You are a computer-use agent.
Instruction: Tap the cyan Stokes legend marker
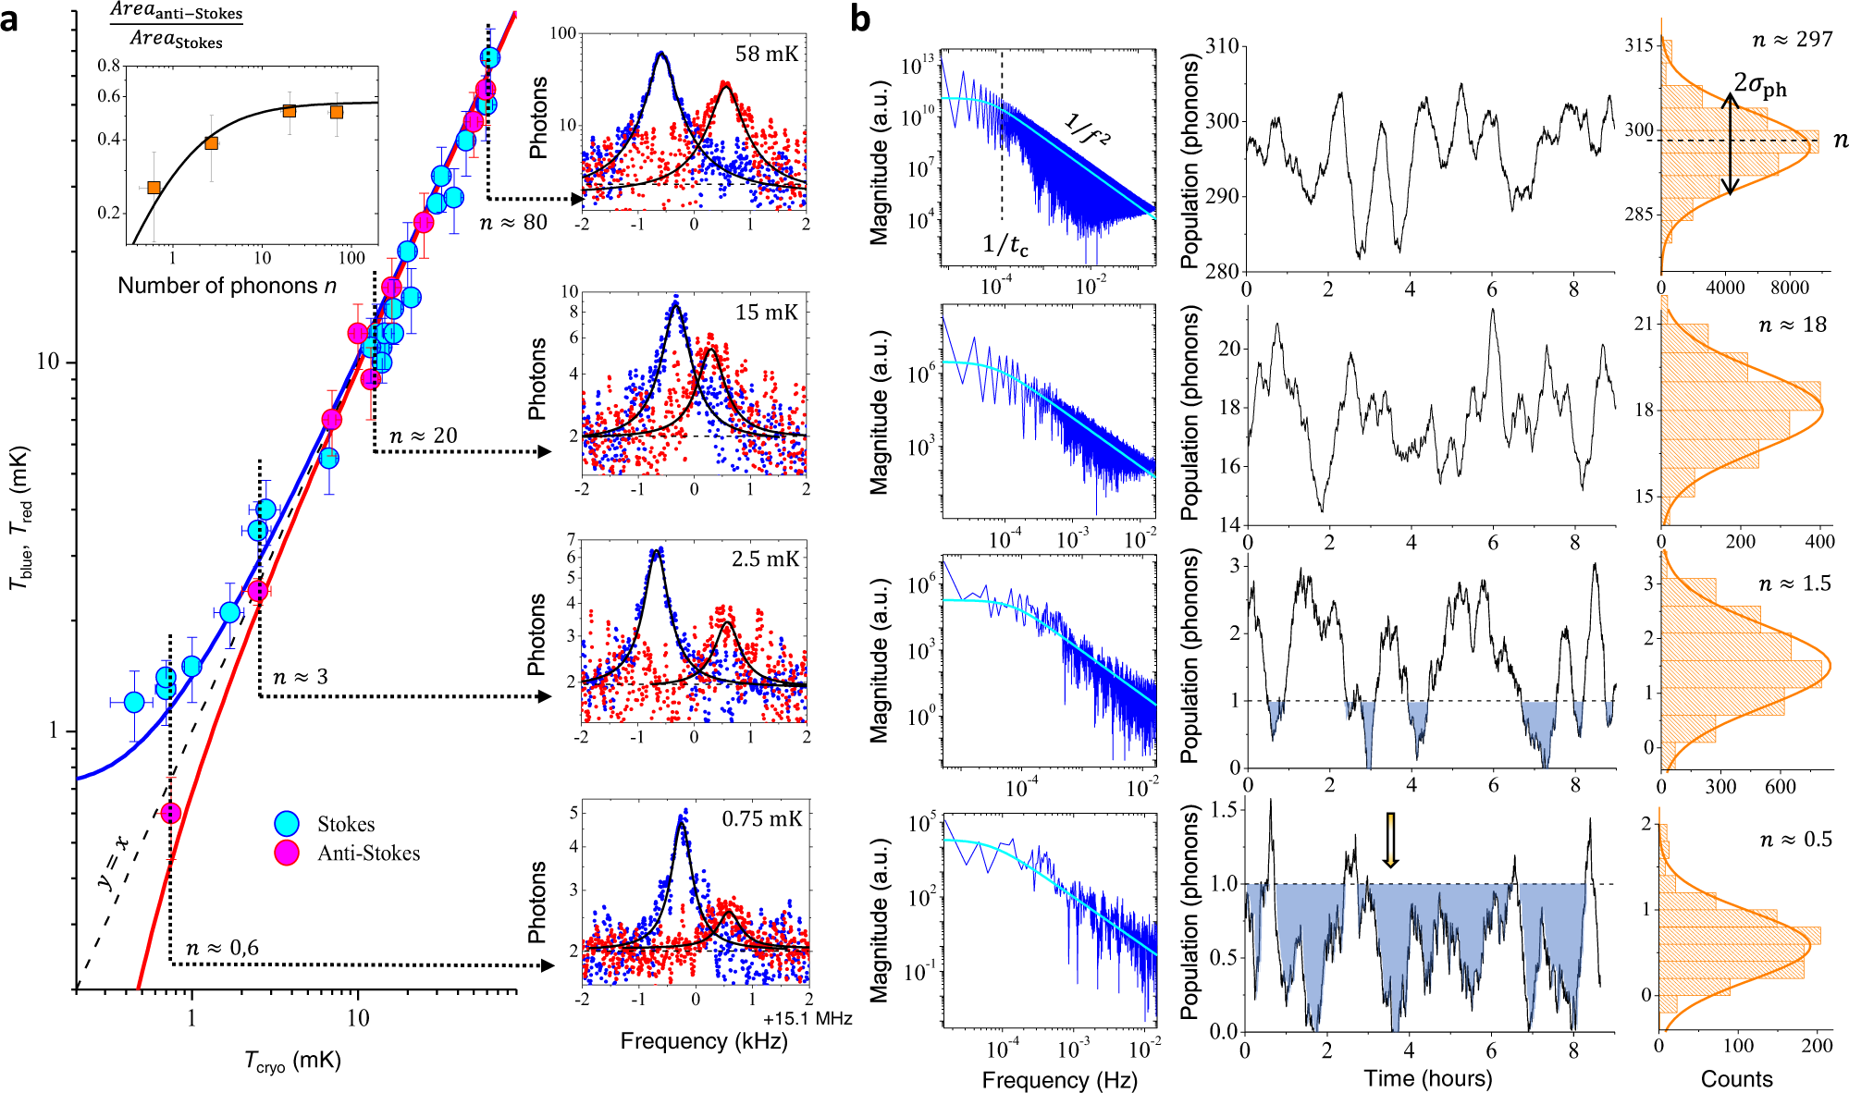point(287,824)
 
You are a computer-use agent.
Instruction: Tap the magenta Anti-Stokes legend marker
point(287,853)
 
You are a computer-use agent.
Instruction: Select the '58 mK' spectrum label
point(766,54)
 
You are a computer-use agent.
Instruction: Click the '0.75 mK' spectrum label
point(761,819)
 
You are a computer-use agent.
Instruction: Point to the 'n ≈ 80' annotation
point(513,223)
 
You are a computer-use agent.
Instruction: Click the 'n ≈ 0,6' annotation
point(222,948)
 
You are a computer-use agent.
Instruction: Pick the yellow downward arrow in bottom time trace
point(1390,840)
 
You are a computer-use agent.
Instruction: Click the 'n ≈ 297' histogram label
point(1792,40)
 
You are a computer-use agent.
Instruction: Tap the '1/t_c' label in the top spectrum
point(1005,245)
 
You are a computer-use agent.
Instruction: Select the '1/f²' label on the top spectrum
point(1087,129)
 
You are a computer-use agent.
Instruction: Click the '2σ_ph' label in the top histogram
point(1759,85)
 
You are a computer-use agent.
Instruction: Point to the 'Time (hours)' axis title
point(1427,1078)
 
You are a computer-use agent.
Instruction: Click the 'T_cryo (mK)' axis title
point(293,1062)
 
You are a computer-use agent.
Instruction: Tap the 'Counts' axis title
point(1736,1078)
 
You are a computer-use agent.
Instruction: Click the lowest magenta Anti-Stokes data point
point(170,813)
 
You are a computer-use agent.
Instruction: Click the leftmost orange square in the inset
point(154,188)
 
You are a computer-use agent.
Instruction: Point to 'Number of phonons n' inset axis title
point(227,286)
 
